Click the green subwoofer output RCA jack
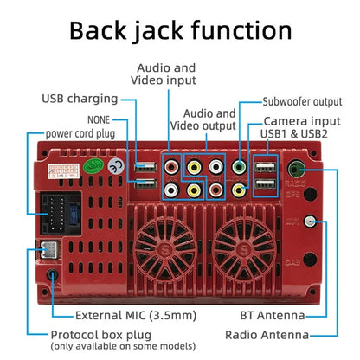point(239,167)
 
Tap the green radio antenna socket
point(296,169)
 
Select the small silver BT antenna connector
point(310,222)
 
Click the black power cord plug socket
point(61,214)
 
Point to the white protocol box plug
point(49,249)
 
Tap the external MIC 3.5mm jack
point(52,274)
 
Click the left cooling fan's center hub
point(165,249)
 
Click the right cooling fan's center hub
point(244,249)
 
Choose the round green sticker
point(93,166)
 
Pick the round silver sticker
point(116,166)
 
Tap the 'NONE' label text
point(99,119)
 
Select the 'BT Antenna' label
point(273,315)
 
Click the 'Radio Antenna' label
point(267,335)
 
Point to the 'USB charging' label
point(80,99)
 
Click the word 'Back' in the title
point(98,30)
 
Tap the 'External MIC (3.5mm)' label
point(136,316)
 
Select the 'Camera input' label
point(302,121)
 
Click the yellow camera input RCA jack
point(239,190)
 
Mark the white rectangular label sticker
point(63,171)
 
